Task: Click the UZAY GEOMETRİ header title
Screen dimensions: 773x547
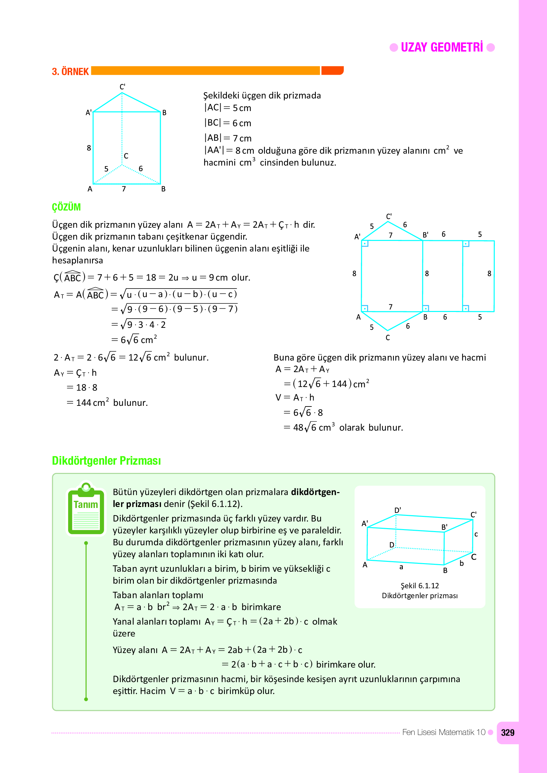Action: coord(442,48)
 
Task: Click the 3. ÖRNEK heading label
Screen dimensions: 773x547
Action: coord(70,72)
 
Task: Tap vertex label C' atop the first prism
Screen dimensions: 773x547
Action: coord(122,87)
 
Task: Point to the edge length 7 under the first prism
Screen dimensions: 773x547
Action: coord(124,189)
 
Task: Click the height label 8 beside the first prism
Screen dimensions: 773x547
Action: coord(89,148)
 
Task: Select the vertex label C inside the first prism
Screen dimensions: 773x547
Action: coord(126,156)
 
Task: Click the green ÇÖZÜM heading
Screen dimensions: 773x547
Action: coord(66,207)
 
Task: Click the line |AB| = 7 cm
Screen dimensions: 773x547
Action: coord(228,138)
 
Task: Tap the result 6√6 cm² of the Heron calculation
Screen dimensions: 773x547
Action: coord(138,340)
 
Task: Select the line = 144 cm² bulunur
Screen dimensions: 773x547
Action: coord(107,403)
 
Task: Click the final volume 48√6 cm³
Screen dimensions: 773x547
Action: coord(313,428)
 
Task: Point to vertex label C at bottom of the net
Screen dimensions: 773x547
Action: coord(388,338)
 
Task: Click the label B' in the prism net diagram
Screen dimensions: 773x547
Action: coord(426,235)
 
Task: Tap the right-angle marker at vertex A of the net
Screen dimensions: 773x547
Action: coord(365,308)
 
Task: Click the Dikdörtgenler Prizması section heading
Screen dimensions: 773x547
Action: coord(106,461)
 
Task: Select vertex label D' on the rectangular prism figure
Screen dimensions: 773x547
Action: coord(398,510)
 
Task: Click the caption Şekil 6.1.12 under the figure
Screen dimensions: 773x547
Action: coord(420,586)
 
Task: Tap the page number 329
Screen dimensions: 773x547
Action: coord(507,733)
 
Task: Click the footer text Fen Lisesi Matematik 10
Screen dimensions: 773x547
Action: coord(443,732)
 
